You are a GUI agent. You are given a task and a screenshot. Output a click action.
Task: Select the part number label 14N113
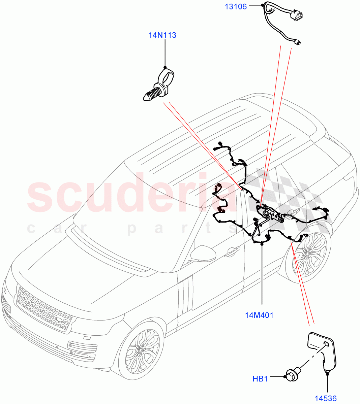tap(162, 35)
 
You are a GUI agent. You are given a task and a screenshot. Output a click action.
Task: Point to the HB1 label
tap(260, 379)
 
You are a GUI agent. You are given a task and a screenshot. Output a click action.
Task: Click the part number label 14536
tap(326, 399)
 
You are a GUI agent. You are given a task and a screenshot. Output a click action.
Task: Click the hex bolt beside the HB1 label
tap(290, 384)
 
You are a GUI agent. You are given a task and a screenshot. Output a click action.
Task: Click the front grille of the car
tap(44, 309)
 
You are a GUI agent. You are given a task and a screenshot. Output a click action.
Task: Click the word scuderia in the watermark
tap(135, 195)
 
